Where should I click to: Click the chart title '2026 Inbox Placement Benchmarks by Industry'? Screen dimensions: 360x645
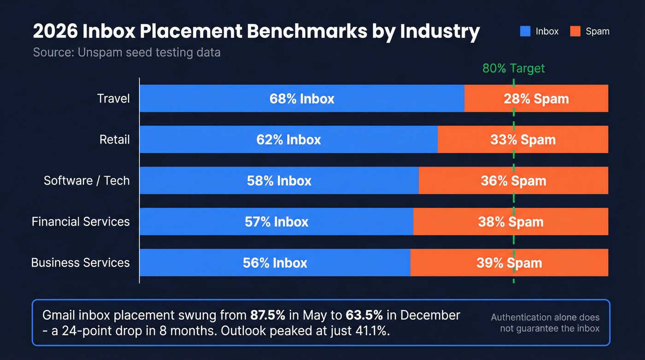(256, 31)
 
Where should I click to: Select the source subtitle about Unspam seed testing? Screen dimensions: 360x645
(127, 53)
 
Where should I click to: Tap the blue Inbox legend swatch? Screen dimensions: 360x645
(525, 31)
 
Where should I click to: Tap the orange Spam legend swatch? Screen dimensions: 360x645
(575, 31)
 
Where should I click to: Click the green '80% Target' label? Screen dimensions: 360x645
(513, 69)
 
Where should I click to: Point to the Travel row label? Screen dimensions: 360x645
(113, 99)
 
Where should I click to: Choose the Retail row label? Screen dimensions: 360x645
(115, 140)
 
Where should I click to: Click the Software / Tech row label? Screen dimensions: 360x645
(87, 181)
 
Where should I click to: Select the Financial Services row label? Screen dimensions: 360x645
(81, 222)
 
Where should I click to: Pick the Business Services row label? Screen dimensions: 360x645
(81, 263)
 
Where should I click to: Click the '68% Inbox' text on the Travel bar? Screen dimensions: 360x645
(302, 99)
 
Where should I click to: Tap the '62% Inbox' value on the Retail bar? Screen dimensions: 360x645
(288, 140)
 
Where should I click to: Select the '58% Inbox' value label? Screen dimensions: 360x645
(279, 181)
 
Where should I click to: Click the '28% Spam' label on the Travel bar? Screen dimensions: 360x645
(536, 99)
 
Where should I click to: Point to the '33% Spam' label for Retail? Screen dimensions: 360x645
(523, 140)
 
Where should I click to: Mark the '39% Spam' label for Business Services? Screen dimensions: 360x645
(509, 263)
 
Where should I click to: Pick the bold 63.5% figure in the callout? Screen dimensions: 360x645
(362, 315)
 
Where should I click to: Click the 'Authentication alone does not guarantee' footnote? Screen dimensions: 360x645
(545, 323)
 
